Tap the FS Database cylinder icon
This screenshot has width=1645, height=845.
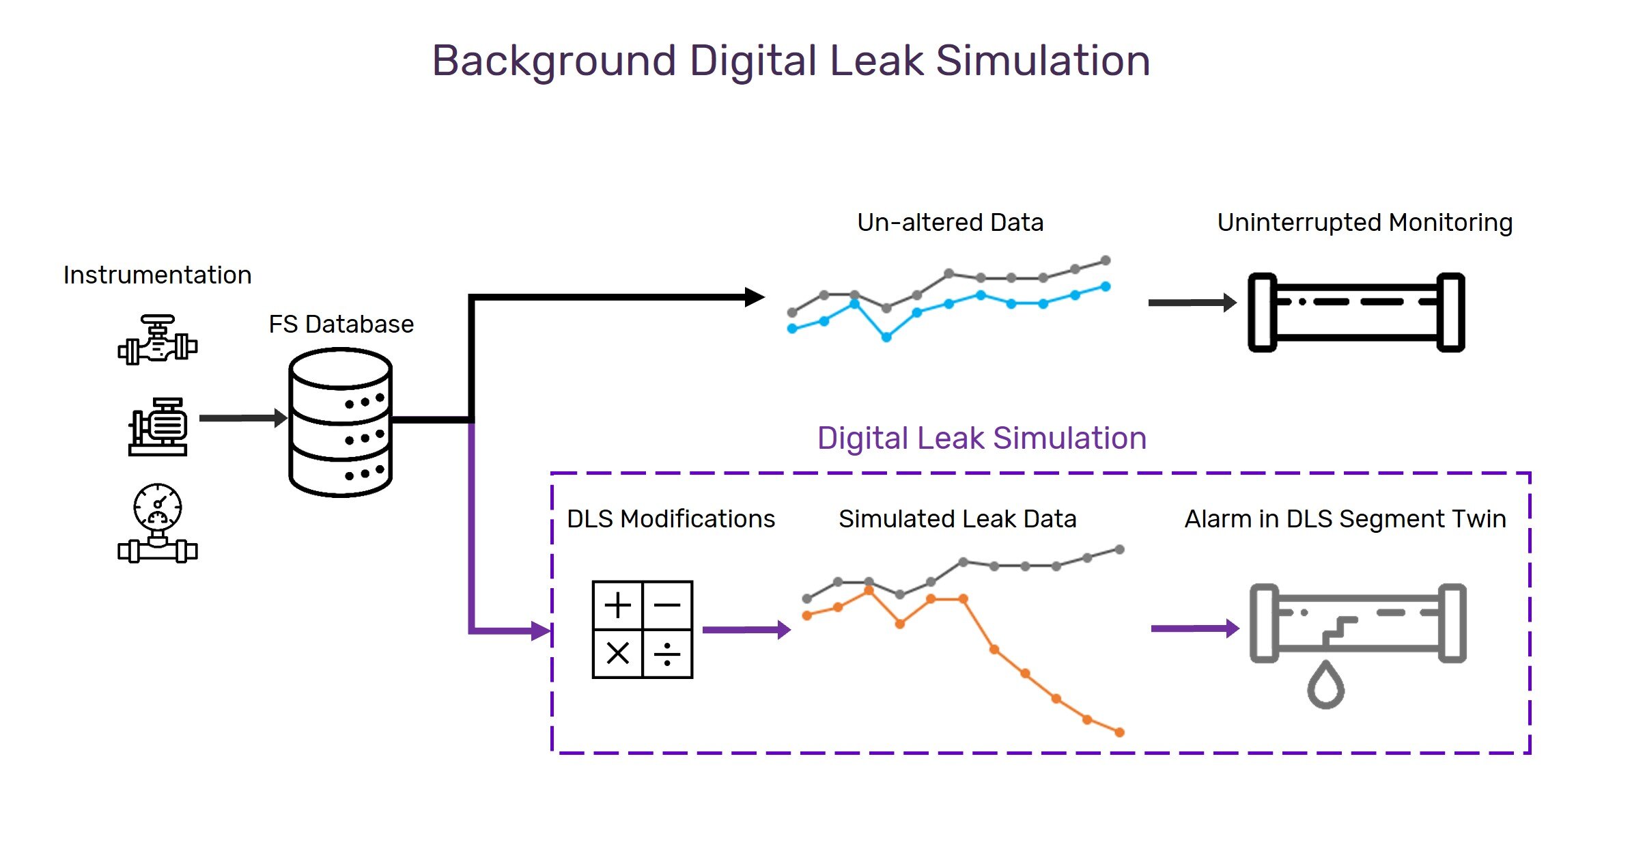(x=340, y=422)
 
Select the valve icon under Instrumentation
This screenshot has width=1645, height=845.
(x=158, y=340)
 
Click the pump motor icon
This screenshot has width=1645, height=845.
(x=158, y=427)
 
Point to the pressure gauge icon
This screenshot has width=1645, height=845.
(x=158, y=523)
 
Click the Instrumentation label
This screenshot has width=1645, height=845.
(x=157, y=275)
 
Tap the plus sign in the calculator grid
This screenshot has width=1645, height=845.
(x=617, y=605)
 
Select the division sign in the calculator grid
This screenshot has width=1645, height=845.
(x=667, y=654)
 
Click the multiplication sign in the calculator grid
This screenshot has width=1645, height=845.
(x=617, y=654)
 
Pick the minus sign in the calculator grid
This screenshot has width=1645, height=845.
(x=667, y=605)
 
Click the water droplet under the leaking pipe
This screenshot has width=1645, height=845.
(x=1325, y=684)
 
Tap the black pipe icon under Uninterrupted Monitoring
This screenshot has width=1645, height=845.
(x=1356, y=312)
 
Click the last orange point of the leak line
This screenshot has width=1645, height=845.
(x=1119, y=732)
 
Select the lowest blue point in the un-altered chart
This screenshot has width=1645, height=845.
(x=886, y=337)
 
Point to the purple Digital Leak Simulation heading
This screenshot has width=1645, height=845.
(x=982, y=438)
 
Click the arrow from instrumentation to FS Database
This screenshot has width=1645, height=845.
(x=243, y=417)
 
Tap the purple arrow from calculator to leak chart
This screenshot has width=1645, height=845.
(x=746, y=630)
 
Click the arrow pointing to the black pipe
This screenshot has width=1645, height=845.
(x=1192, y=302)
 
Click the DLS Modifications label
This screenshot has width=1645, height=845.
(x=671, y=519)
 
